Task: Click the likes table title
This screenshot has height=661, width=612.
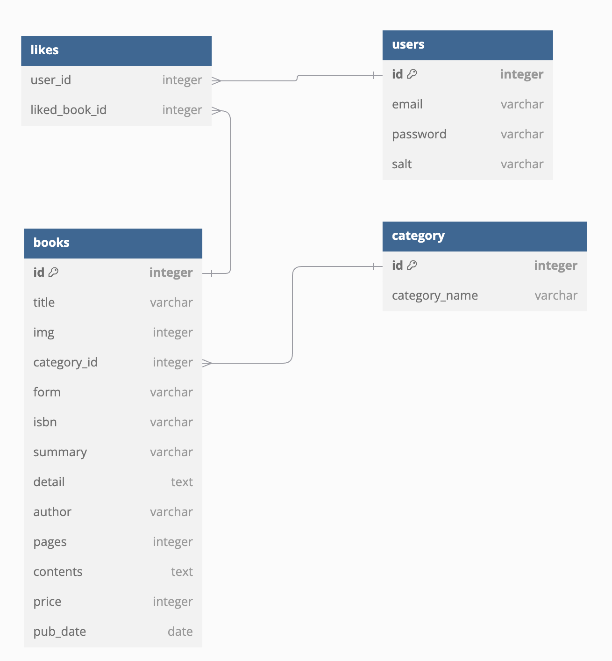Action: coord(44,50)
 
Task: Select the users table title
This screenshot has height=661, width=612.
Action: coord(408,44)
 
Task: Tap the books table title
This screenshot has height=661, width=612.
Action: coord(51,243)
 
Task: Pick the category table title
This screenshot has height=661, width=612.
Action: coord(418,236)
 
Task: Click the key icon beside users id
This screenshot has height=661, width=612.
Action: coord(412,74)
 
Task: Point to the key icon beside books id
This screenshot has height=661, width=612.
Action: coord(53,272)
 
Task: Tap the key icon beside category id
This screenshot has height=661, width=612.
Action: coord(412,265)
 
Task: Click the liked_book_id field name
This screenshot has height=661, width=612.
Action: coord(69,110)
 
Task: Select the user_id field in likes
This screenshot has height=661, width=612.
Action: coord(50,80)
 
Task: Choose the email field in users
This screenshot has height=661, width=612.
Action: coord(407,104)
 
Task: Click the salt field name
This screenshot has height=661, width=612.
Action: coord(402,164)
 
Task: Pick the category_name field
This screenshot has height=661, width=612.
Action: coord(435,295)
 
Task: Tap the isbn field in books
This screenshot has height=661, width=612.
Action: coord(45,422)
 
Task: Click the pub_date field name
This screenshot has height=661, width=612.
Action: coord(60,632)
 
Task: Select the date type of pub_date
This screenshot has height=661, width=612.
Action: coord(180,632)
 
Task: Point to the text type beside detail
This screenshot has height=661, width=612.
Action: coord(182,482)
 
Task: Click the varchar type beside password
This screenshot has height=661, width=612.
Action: coord(522,134)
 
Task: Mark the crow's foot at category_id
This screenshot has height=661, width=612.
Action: coord(207,363)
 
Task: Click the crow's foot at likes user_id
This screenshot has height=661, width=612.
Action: coord(216,81)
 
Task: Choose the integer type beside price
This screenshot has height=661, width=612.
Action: coord(173,602)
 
